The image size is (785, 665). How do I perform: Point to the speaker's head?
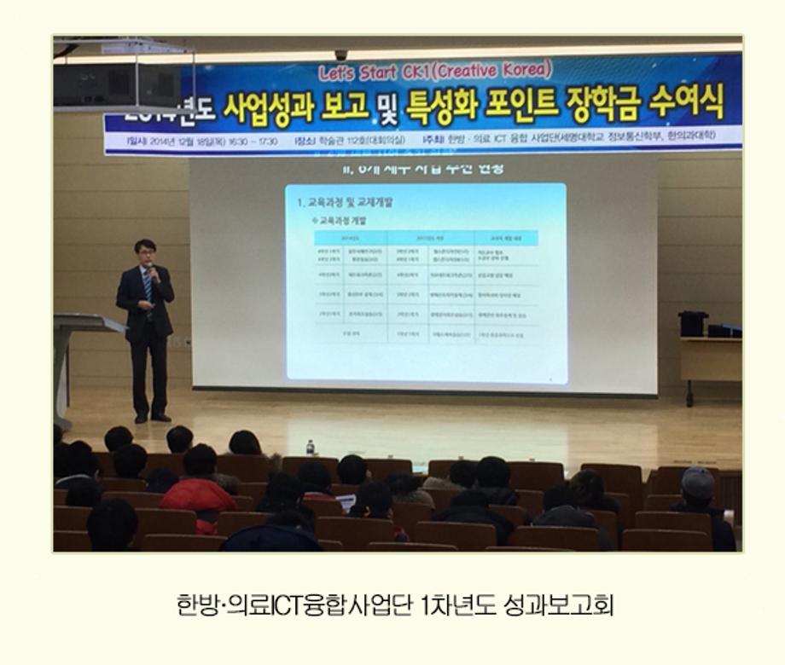click(x=145, y=252)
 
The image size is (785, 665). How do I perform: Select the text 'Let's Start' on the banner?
click(x=358, y=72)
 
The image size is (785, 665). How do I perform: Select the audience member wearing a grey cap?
click(x=698, y=490)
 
